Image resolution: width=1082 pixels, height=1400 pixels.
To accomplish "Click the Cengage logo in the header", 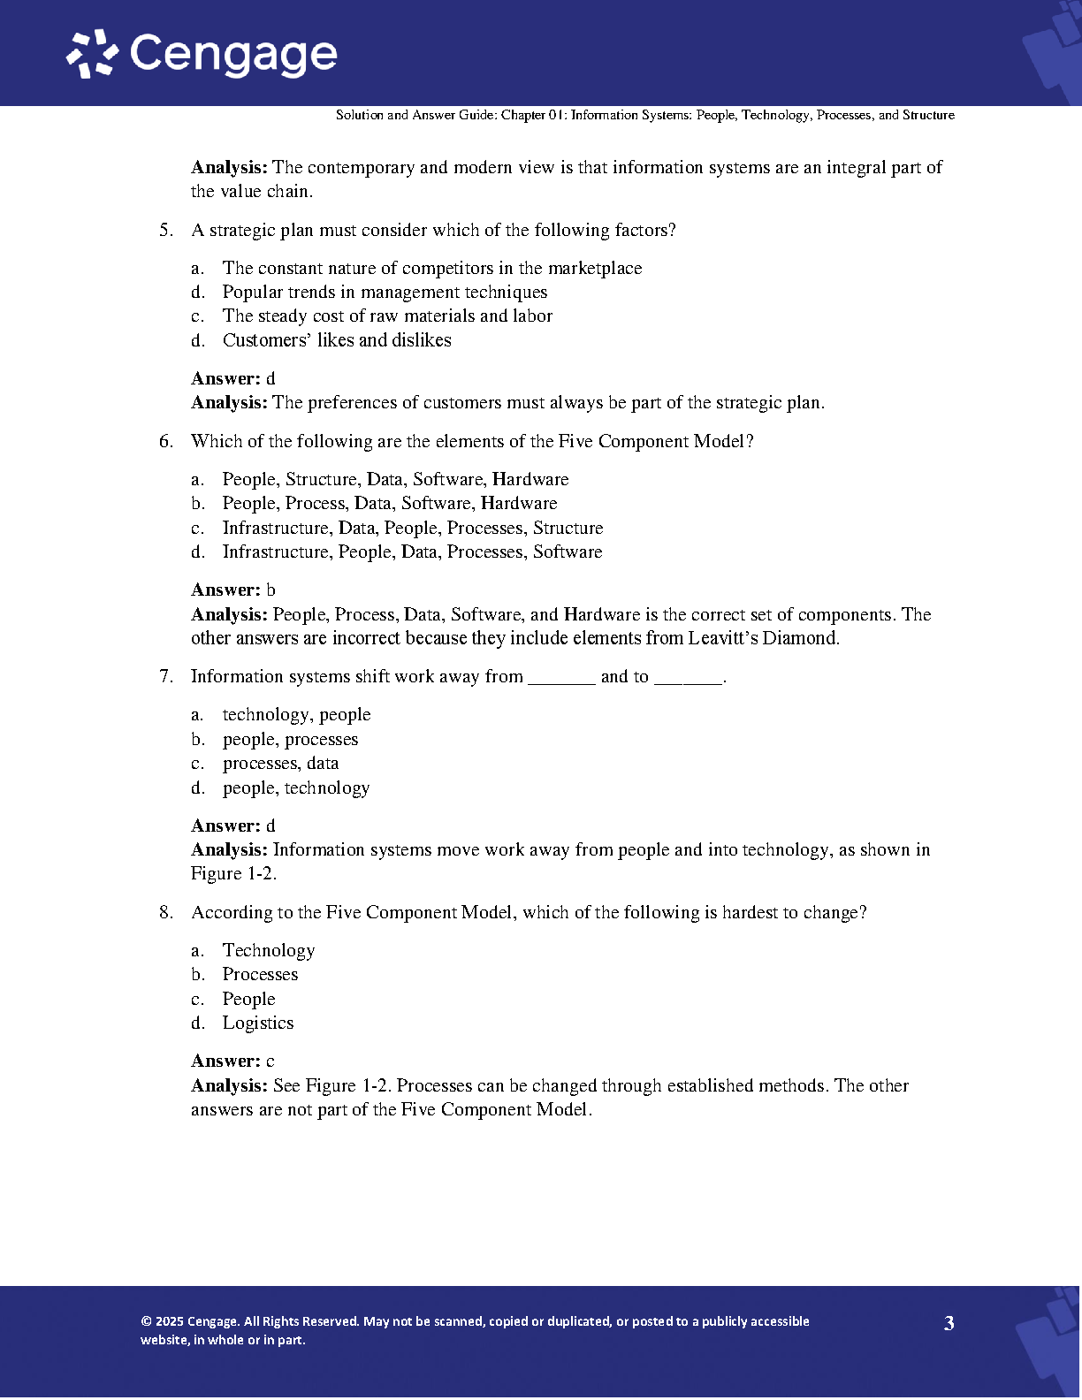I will pos(202,54).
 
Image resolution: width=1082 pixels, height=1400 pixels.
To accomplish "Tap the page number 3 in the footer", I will pos(949,1323).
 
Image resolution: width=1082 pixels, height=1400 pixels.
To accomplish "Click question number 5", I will pos(166,231).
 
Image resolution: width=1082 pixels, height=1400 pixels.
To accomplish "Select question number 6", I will pos(166,442).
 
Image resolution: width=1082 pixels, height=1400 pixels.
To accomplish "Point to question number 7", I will pos(166,677).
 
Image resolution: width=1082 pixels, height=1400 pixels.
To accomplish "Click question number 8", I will pos(166,913).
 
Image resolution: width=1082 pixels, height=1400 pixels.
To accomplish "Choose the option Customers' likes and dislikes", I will pos(337,340).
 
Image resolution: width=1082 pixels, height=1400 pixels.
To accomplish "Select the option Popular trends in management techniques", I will pos(385,293).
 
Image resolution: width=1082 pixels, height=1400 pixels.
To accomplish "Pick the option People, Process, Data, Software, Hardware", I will pos(390,504).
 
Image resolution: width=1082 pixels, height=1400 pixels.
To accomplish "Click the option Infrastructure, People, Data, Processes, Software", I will pos(412,552).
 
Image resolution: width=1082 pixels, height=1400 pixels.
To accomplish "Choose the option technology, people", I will pos(296,715).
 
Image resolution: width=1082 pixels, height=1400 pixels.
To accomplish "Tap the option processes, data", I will pos(280,764).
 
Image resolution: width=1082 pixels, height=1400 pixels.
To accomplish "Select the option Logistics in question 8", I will pos(258,1023).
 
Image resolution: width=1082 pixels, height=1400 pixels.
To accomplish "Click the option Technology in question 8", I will pos(268,951).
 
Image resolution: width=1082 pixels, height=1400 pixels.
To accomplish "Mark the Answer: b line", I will pos(233,590).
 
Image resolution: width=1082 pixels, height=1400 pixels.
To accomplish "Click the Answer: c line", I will pos(233,1061).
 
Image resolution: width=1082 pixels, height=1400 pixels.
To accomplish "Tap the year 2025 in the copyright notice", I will pos(169,1322).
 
